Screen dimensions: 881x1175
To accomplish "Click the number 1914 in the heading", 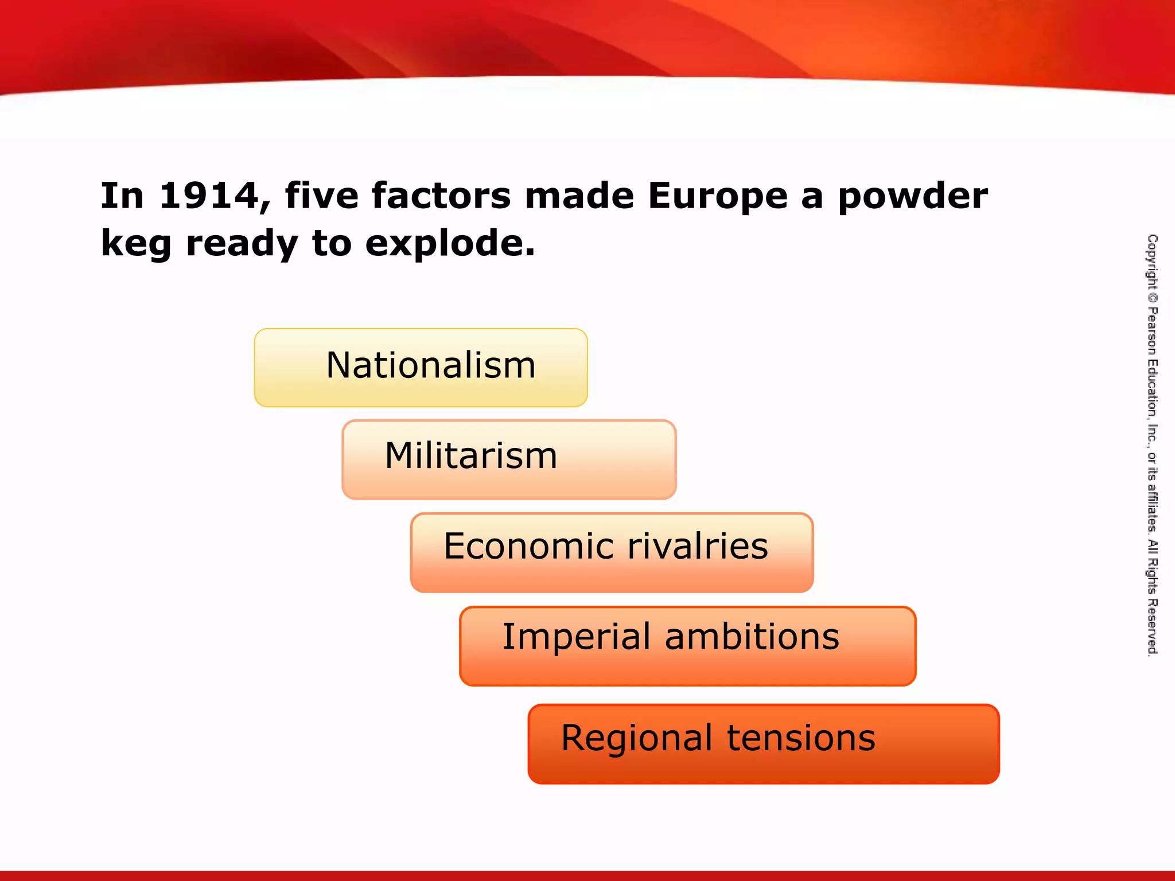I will point(208,196).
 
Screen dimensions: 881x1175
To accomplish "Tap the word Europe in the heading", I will point(718,196).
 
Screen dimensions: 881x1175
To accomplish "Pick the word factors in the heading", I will point(441,196).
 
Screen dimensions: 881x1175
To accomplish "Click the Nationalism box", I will point(421,368).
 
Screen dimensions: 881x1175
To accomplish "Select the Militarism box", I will point(509,459).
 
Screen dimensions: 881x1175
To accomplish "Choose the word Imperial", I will point(575,637).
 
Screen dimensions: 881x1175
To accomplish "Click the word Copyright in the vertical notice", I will point(1152,262).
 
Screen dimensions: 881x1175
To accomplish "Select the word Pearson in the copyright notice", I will point(1152,330).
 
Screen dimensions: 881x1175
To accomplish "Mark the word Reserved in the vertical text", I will point(1152,628).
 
